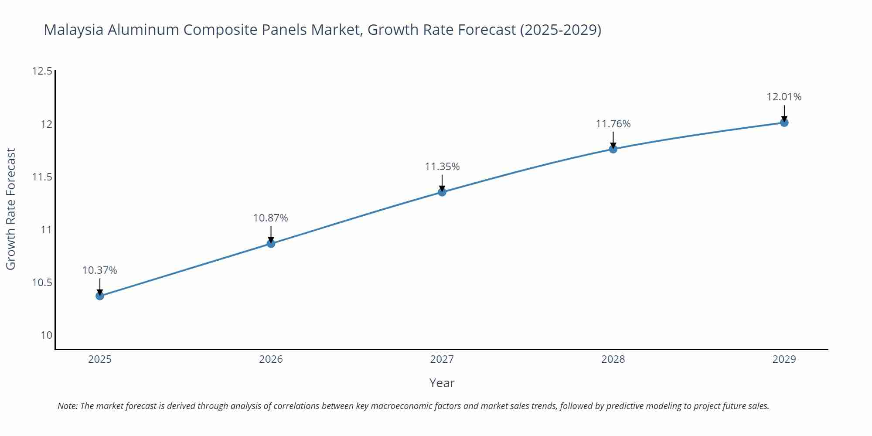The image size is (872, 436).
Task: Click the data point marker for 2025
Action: coord(100,296)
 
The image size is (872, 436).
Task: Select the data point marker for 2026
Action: coord(271,243)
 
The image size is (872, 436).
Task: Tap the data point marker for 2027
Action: coord(442,192)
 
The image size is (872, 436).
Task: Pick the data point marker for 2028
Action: coord(613,149)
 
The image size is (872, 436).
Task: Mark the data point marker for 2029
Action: coord(784,123)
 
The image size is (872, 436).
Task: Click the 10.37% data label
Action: coord(99,270)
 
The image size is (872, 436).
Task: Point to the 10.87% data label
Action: coord(270,218)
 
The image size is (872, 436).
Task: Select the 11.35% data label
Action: coord(442,167)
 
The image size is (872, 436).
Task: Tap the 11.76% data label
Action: coord(613,124)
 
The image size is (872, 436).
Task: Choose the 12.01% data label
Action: coord(784,97)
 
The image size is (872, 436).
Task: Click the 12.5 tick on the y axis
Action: coord(42,71)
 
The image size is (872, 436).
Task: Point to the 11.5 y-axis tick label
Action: coord(42,177)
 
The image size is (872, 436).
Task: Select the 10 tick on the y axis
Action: coord(46,335)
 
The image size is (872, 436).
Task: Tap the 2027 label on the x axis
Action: coord(442,359)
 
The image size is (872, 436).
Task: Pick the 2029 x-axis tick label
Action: coord(784,359)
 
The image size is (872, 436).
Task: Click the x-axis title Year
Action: coord(442,383)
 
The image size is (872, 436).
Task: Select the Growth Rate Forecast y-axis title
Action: coord(10,209)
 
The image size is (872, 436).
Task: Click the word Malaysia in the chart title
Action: coord(74,30)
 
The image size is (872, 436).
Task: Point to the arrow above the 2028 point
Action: coord(613,139)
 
